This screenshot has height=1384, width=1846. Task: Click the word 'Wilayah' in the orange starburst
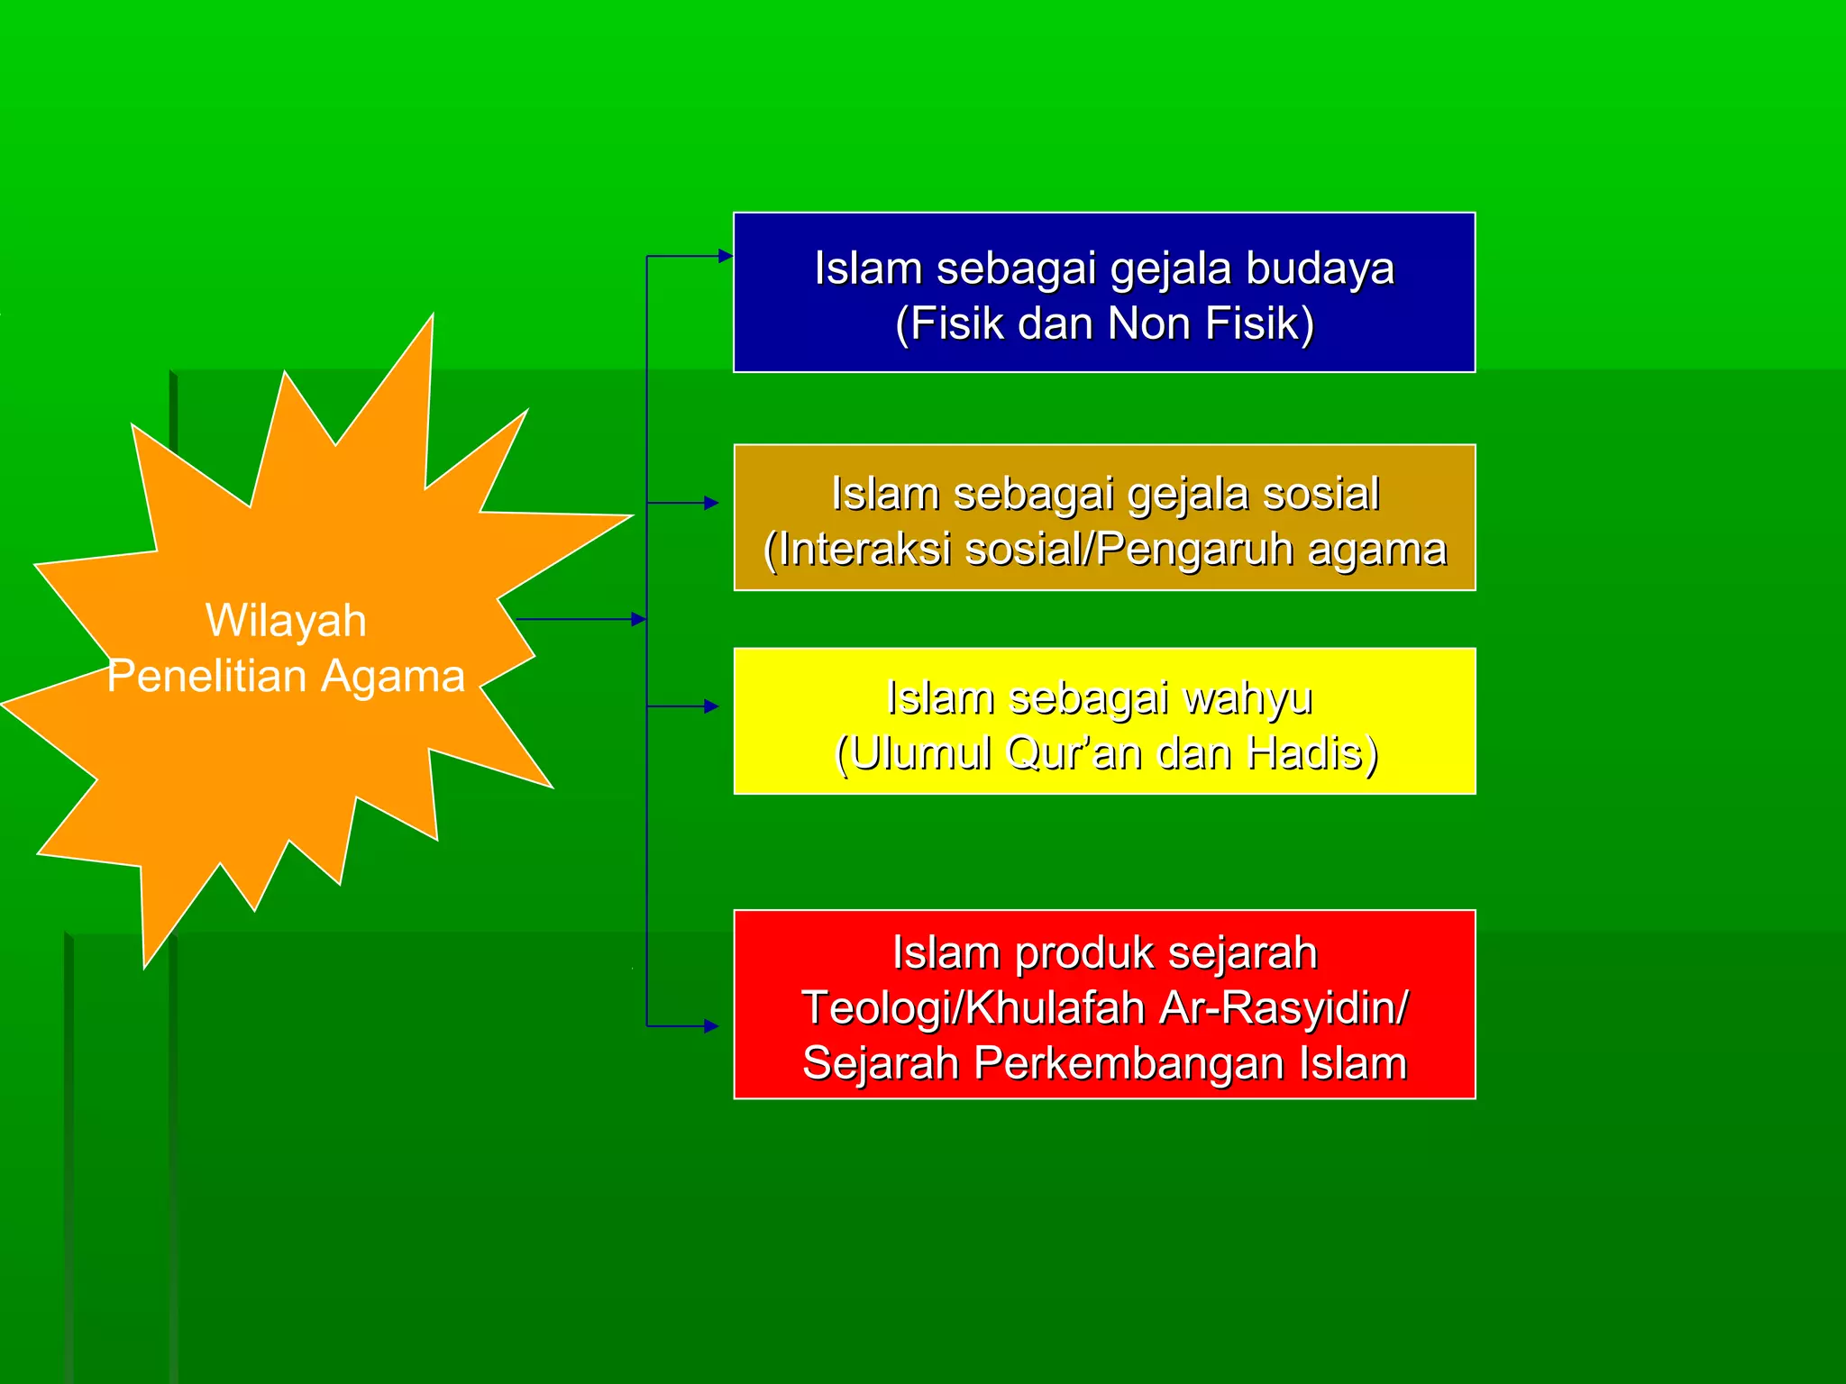click(286, 621)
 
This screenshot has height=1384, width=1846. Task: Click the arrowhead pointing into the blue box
click(726, 256)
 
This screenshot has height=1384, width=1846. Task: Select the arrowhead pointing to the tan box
click(711, 503)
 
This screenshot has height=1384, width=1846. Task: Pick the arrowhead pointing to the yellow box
click(711, 706)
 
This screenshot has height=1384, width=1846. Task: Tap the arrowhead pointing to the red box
click(711, 1025)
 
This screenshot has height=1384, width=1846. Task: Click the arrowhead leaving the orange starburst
click(638, 619)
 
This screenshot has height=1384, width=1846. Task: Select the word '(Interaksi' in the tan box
click(857, 550)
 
